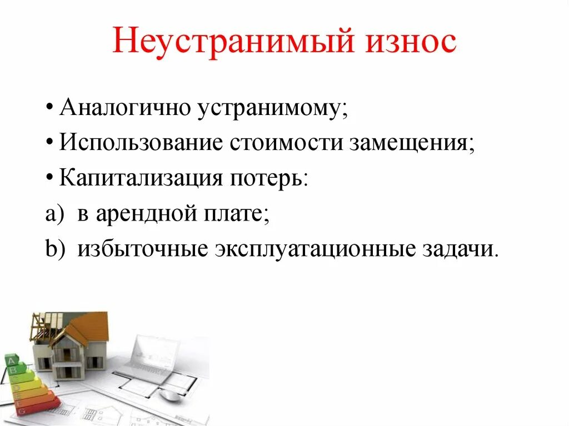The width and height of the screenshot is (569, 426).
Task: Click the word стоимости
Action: click(286, 143)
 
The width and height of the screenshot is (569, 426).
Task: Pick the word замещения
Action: click(413, 144)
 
